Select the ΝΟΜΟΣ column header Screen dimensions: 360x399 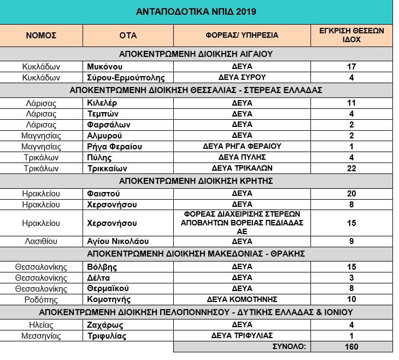pyautogui.click(x=42, y=35)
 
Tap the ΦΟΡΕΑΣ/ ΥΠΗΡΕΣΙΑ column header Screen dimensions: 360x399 pyautogui.click(x=242, y=35)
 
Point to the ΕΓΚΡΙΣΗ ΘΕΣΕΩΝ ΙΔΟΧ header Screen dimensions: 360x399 pyautogui.click(x=351, y=35)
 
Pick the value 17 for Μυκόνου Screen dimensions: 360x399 pyautogui.click(x=351, y=66)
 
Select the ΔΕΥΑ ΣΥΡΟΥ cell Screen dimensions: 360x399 pyautogui.click(x=242, y=78)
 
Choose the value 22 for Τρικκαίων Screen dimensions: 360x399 pyautogui.click(x=351, y=168)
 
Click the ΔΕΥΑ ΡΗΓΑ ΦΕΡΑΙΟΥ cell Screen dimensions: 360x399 pyautogui.click(x=242, y=146)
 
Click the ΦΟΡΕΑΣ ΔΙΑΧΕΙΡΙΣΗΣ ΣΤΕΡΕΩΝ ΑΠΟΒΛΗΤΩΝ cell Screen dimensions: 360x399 pyautogui.click(x=242, y=223)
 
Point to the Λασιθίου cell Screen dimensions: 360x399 pyautogui.click(x=42, y=241)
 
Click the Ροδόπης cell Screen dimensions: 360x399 pyautogui.click(x=42, y=299)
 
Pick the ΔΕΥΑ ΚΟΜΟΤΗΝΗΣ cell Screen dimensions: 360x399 pyautogui.click(x=242, y=299)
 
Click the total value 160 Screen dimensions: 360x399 pyautogui.click(x=351, y=346)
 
